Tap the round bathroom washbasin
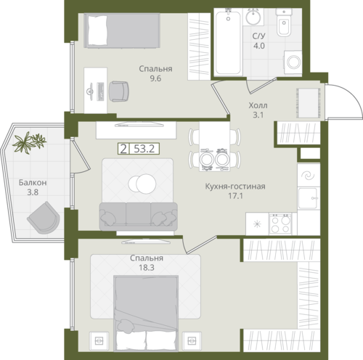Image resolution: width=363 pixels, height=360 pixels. click(253, 17)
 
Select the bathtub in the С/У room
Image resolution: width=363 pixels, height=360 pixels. click(228, 41)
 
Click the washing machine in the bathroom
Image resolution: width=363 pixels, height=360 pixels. click(293, 62)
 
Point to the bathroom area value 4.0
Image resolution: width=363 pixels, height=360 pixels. click(259, 46)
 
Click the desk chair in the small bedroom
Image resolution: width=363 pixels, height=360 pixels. click(119, 91)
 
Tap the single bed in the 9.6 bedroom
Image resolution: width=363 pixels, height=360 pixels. click(122, 30)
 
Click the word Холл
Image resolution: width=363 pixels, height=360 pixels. click(258, 105)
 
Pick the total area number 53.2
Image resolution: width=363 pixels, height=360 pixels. click(144, 149)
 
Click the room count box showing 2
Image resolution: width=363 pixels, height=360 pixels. click(123, 149)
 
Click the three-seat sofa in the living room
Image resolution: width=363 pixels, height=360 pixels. click(139, 216)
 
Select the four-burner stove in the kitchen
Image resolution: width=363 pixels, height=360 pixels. click(280, 224)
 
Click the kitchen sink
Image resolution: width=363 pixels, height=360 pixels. click(308, 198)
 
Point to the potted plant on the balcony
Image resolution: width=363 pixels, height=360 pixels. click(29, 142)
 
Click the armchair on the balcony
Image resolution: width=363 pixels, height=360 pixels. click(44, 218)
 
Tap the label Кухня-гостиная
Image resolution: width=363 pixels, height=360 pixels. click(235, 187)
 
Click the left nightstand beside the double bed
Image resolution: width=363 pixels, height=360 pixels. click(99, 341)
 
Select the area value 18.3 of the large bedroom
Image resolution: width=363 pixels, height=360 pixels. click(147, 268)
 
